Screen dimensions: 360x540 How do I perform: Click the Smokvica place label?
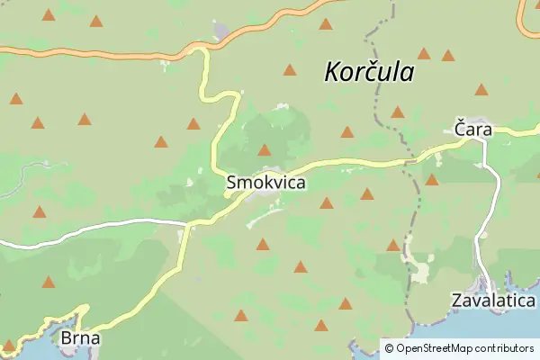(x=265, y=183)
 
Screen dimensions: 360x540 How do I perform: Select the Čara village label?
(x=472, y=130)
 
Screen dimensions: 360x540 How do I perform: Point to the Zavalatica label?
(x=494, y=301)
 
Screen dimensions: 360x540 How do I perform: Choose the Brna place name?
(x=80, y=339)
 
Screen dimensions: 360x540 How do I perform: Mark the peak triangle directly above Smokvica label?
(x=265, y=150)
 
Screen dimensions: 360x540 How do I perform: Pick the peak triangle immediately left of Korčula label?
(x=290, y=69)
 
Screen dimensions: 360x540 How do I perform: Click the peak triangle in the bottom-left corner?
(x=10, y=345)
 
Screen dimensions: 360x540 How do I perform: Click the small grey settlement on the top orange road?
(x=222, y=33)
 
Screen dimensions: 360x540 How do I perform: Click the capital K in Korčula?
(x=334, y=72)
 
